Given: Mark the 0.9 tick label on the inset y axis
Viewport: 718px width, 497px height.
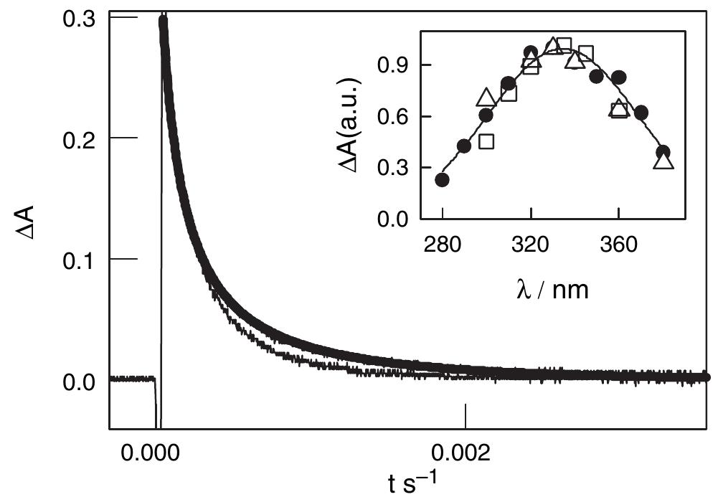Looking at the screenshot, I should pos(394,65).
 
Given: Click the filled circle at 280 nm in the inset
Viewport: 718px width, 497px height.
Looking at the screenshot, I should pos(443,180).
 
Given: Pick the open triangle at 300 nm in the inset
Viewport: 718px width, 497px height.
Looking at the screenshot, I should pos(486,98).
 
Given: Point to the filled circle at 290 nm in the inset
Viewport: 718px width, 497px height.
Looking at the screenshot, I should pos(464,146).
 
